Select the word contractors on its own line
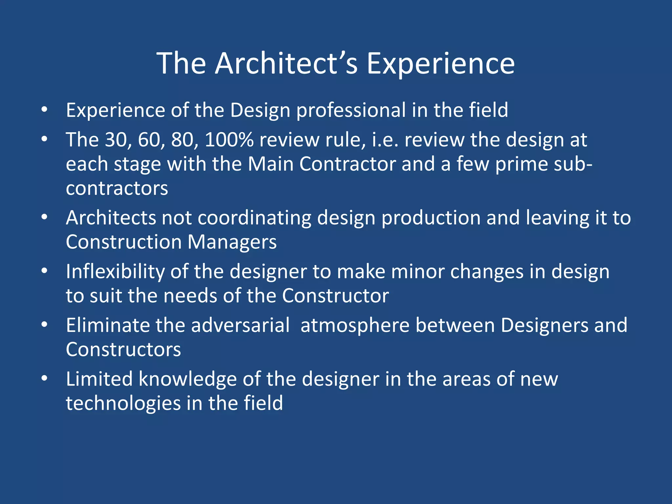[117, 188]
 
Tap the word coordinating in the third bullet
[254, 218]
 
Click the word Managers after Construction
[232, 242]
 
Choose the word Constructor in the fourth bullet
[335, 296]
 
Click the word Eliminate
[108, 325]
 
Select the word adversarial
[240, 325]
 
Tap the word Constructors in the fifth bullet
[123, 350]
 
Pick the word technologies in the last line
[123, 404]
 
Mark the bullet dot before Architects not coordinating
[45, 217]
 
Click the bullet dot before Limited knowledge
[45, 379]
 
